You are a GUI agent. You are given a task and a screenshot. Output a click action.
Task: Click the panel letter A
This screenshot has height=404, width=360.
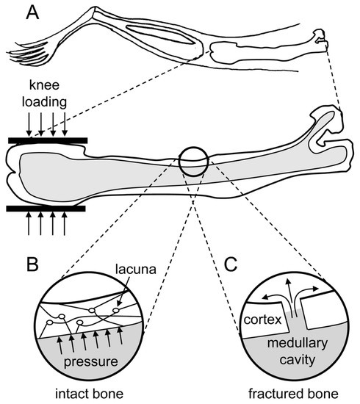32,13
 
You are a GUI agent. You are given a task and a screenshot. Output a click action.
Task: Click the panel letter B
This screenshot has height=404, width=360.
32,264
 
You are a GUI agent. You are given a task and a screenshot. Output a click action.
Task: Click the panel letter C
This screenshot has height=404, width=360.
231,264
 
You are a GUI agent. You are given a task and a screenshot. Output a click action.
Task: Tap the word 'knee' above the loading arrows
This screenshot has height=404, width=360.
44,85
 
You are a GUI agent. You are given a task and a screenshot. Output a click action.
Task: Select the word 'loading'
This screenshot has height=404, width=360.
44,102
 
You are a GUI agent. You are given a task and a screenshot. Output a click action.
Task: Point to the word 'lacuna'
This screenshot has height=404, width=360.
135,270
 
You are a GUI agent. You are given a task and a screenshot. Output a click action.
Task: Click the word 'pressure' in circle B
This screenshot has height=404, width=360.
90,361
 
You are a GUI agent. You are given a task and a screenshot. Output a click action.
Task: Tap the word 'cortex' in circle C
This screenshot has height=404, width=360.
262,320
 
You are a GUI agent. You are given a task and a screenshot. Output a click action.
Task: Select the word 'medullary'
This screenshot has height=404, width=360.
298,343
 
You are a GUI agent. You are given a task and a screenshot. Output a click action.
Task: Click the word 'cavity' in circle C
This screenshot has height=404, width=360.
298,360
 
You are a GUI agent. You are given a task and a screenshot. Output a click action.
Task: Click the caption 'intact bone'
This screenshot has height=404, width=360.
90,394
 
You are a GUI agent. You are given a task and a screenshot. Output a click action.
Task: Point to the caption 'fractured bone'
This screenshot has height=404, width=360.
293,394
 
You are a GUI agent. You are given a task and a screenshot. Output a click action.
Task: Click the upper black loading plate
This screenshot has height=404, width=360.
48,140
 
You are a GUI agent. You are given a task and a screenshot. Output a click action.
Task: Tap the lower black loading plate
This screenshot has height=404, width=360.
46,209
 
